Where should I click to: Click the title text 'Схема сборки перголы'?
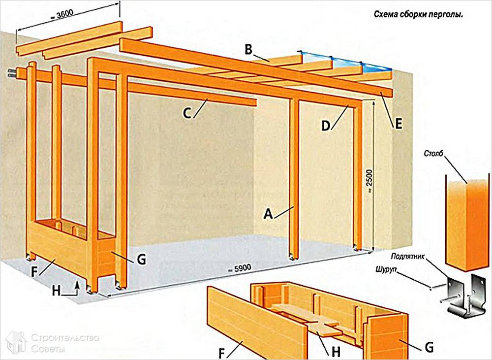click(418, 15)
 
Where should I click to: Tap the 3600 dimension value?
click(63, 15)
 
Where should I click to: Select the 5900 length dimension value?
click(240, 268)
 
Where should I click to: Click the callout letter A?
click(268, 214)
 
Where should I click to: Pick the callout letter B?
click(248, 49)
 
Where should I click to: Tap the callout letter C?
click(187, 113)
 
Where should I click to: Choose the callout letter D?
click(326, 126)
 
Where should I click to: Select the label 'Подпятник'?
click(408, 257)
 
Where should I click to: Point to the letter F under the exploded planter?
click(222, 354)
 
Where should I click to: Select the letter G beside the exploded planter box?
click(429, 347)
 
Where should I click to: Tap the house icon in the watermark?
click(16, 341)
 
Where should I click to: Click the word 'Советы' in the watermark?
click(48, 349)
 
